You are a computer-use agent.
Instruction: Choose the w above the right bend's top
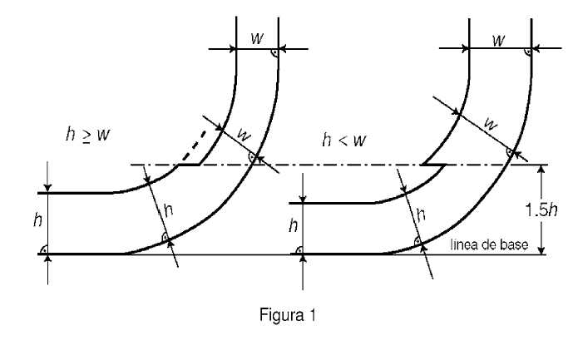click(498, 39)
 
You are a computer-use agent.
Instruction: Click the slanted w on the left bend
click(244, 133)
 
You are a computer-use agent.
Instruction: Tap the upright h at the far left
click(37, 220)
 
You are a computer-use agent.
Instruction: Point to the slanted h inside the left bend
click(168, 211)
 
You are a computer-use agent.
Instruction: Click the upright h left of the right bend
click(291, 225)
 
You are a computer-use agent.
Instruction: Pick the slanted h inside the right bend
click(422, 214)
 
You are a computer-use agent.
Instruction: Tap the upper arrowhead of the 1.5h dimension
click(542, 170)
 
